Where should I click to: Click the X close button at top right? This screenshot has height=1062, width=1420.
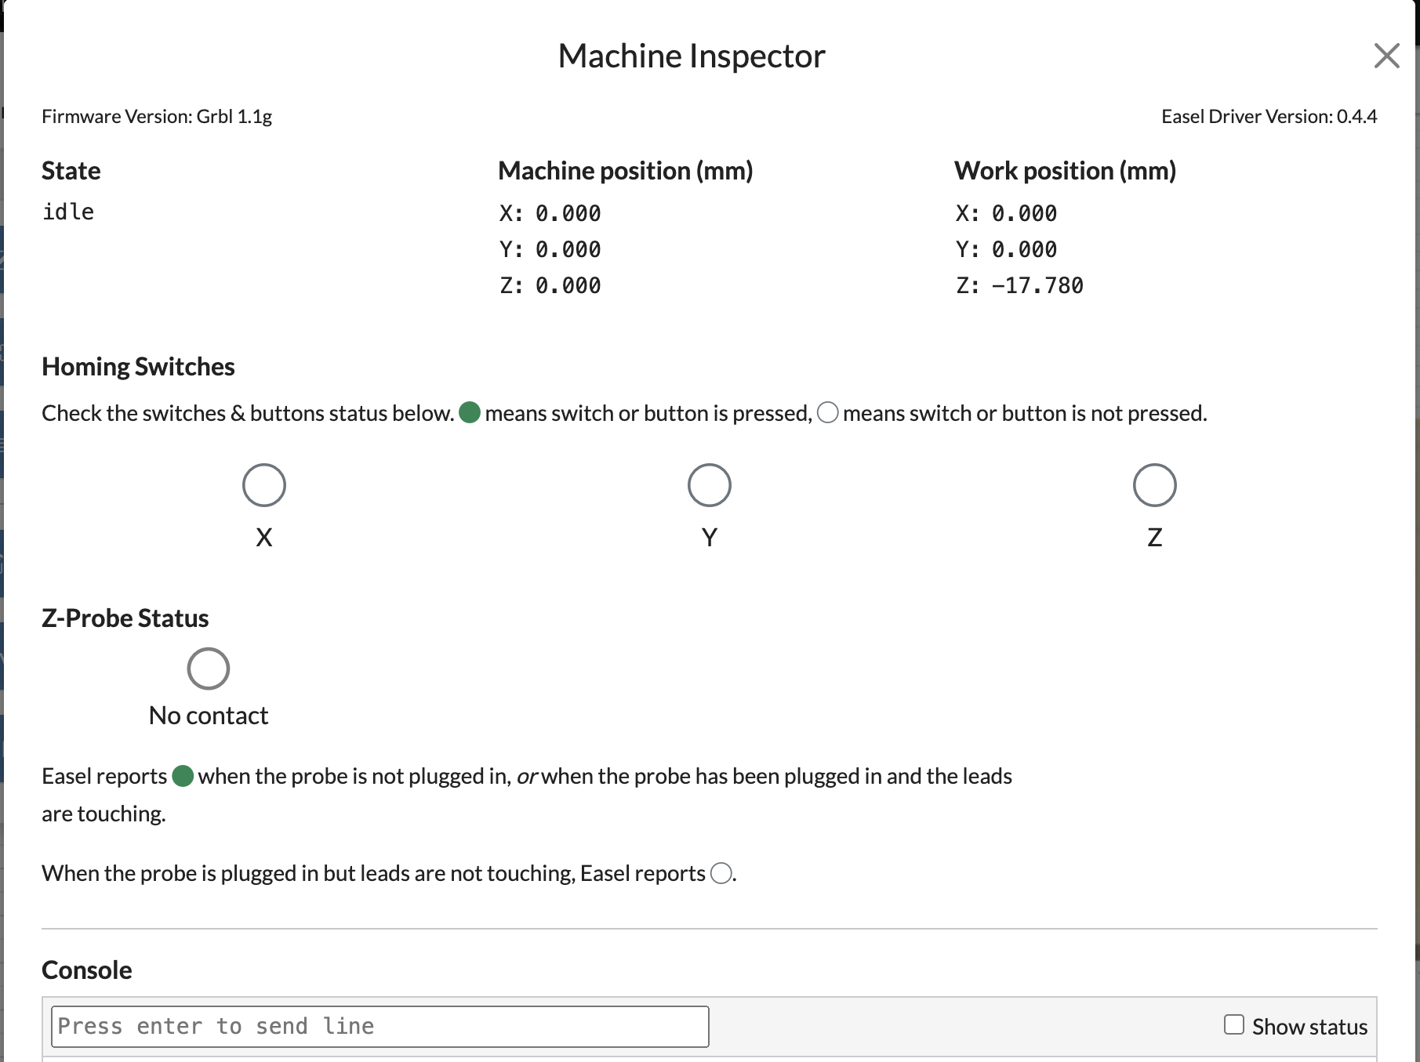pos(1386,56)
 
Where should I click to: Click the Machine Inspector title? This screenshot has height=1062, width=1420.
pos(691,56)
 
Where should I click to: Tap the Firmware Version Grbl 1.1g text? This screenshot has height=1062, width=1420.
pos(157,117)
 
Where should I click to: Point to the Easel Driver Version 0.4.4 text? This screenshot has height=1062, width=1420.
pos(1268,117)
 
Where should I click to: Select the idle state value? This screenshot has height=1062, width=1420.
pos(68,212)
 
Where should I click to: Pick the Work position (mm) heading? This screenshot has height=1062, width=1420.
pos(1064,171)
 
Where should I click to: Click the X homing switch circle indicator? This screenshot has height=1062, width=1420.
pos(264,485)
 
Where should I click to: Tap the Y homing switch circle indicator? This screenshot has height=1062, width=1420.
pos(710,485)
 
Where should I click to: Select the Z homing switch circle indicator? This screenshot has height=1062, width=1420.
pos(1154,485)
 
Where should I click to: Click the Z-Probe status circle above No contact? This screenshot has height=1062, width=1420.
pos(209,669)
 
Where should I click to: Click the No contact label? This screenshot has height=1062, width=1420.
pos(209,716)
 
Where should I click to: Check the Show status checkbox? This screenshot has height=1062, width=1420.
pos(1234,1024)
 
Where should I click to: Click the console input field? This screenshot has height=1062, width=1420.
pos(380,1026)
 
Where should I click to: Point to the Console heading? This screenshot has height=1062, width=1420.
pos(86,970)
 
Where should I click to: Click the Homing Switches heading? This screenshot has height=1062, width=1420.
pos(138,367)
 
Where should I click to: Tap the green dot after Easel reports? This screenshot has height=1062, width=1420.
pos(183,776)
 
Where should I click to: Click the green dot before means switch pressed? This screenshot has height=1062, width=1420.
pos(470,412)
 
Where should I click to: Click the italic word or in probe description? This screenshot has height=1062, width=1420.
pos(527,777)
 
